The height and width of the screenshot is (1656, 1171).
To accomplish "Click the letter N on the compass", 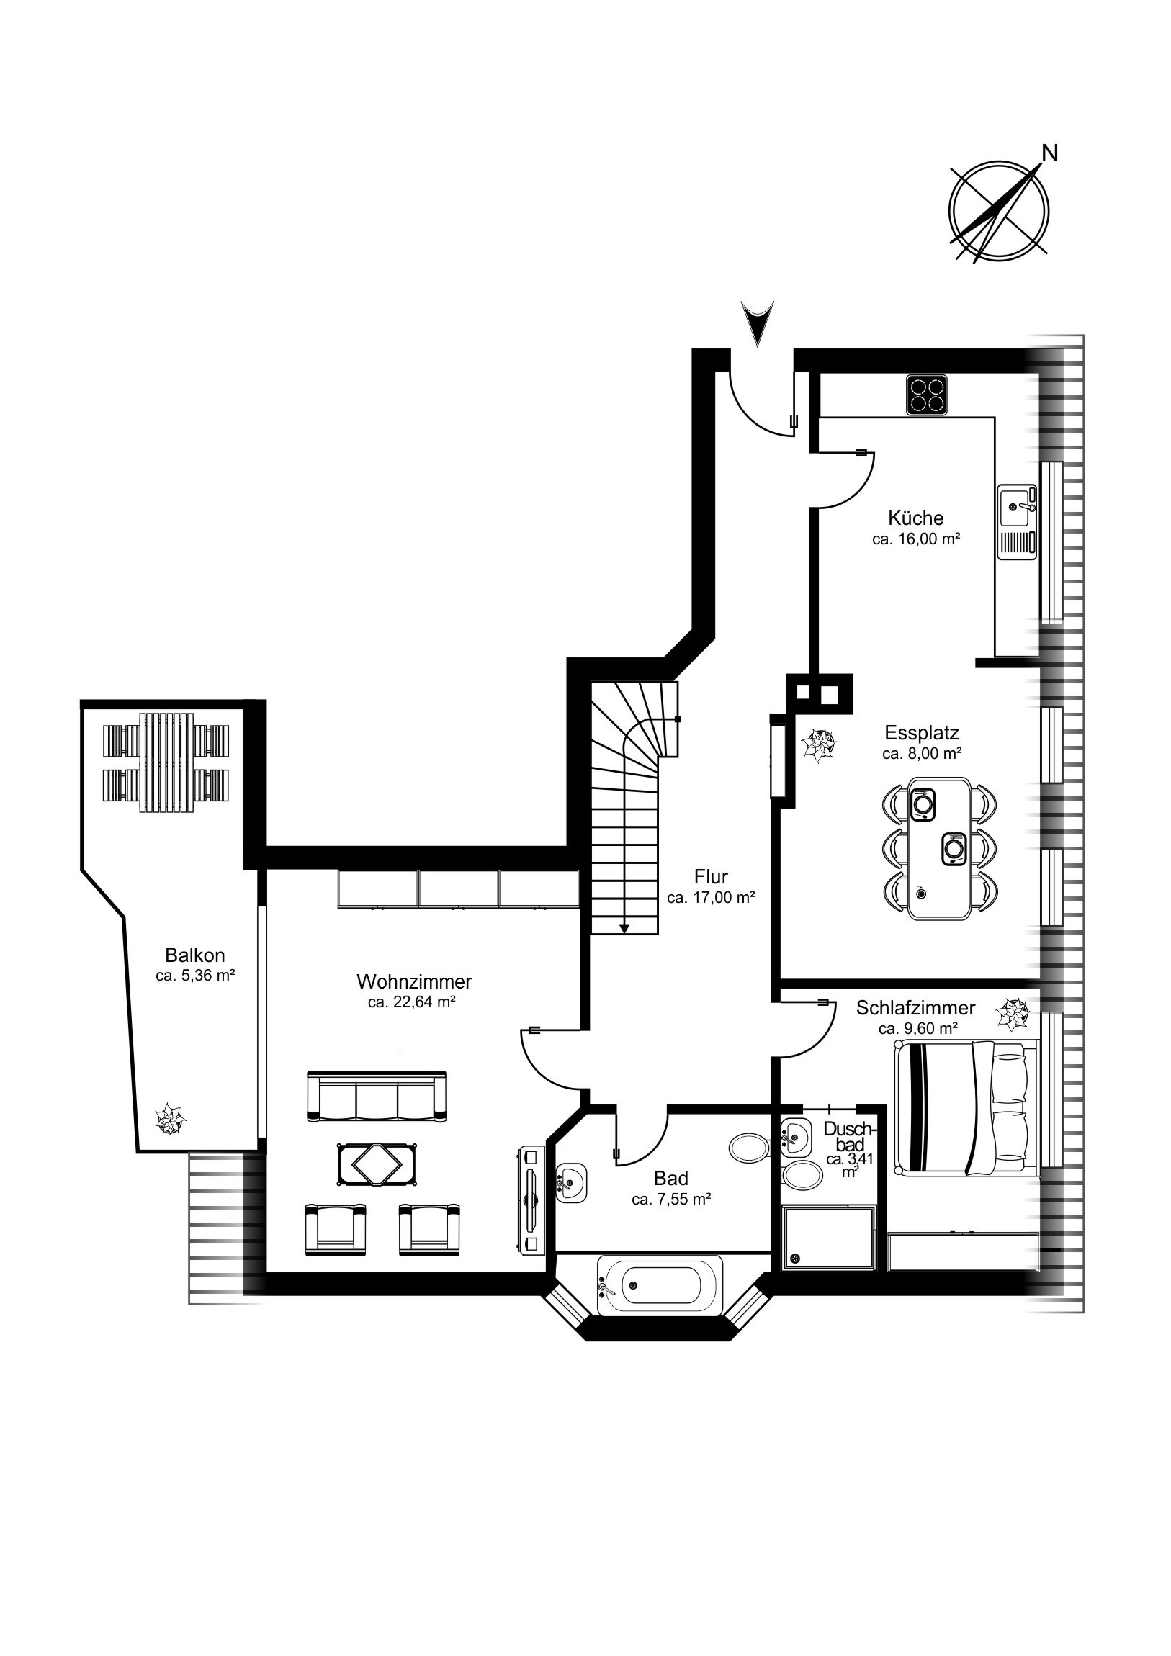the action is pos(1051,153).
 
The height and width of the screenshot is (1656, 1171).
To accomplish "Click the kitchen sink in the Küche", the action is pos(1017,521).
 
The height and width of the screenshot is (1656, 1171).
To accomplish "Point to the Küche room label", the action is pos(915,518).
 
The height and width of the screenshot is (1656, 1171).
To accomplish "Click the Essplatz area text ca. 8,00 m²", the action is pos(922,754).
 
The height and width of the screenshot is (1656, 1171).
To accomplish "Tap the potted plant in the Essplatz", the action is pos(820,745).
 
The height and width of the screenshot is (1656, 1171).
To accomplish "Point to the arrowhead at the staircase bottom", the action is pos(625,928).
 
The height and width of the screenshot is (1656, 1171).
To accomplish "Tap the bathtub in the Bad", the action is pos(660,1285).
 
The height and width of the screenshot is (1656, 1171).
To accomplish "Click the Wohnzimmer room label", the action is pos(414,981).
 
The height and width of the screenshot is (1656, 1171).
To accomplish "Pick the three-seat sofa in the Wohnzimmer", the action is pos(377,1097).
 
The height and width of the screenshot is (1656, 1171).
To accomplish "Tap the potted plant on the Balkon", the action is pos(170,1120).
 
